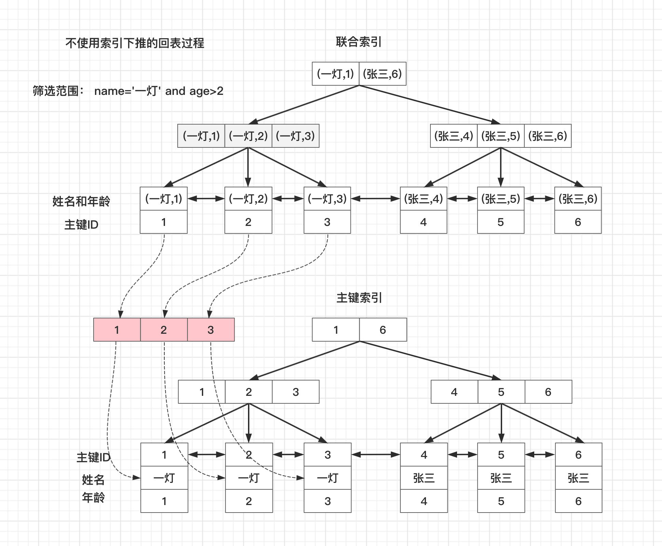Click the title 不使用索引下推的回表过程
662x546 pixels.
tap(135, 43)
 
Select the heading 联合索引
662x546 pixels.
tap(359, 42)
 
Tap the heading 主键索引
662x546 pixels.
tap(359, 298)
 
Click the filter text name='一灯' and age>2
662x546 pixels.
tap(158, 91)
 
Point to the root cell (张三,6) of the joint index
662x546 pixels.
tap(383, 74)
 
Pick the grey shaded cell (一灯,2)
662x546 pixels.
tap(248, 136)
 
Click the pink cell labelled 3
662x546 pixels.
tap(211, 330)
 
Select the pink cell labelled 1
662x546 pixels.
tap(117, 330)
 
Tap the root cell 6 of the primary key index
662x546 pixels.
tap(383, 330)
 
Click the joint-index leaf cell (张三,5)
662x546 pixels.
tap(501, 199)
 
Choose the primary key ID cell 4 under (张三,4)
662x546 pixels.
tap(424, 222)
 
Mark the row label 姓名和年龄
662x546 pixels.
tap(81, 201)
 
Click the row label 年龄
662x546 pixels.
tap(93, 498)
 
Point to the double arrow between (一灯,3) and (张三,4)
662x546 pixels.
tap(375, 199)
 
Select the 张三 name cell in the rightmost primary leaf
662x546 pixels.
tap(578, 478)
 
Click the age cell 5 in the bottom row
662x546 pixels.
tap(501, 501)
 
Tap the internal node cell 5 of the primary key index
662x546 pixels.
tap(501, 392)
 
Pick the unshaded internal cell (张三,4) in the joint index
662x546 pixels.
tap(454, 136)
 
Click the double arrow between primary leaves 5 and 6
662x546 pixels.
tap(540, 455)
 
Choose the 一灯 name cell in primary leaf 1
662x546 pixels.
tap(164, 478)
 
